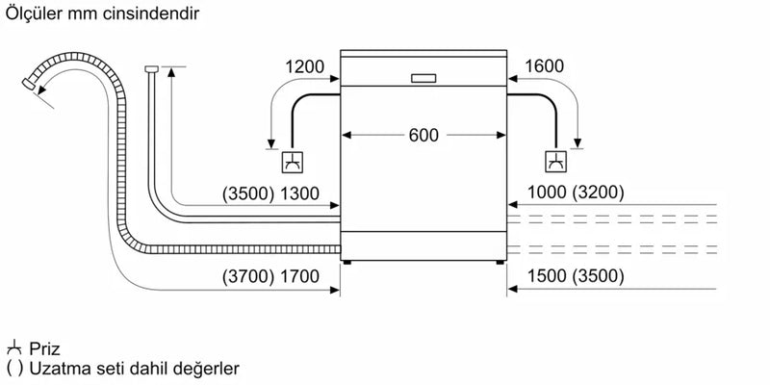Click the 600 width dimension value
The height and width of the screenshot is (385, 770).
point(423,136)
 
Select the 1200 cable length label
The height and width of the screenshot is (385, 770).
point(304,67)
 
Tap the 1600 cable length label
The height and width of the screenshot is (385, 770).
point(545,67)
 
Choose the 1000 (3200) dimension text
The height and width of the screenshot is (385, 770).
point(576,192)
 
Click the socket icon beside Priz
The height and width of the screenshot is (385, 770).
point(14,348)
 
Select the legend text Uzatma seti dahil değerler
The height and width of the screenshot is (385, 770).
point(134,369)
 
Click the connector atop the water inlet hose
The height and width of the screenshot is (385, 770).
point(152,68)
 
